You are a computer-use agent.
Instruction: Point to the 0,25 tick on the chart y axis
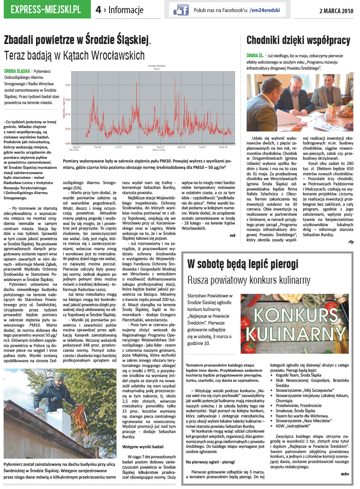pos(68,85)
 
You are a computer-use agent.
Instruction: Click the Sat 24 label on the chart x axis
pos(139,147)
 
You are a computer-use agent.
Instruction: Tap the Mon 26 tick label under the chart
pos(181,147)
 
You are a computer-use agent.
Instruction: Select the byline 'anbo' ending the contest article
pos(345,474)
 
